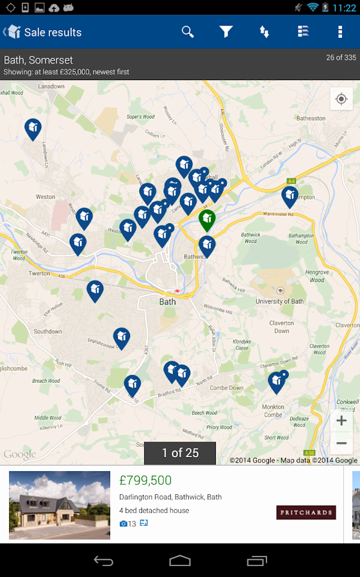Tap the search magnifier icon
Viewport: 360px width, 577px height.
point(188,32)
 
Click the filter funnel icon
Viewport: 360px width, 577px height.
point(225,32)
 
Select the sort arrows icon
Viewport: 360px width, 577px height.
point(264,32)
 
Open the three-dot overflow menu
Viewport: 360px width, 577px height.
point(340,32)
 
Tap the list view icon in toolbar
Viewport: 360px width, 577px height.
point(304,32)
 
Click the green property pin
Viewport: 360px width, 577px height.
point(206,220)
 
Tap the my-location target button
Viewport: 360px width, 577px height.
point(341,99)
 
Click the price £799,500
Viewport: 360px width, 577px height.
point(145,480)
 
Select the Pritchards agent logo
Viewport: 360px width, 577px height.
point(306,512)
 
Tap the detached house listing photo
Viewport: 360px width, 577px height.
point(60,505)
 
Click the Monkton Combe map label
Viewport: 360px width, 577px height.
point(273,410)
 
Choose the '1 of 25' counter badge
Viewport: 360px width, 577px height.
point(180,453)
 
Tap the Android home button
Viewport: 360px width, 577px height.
point(180,561)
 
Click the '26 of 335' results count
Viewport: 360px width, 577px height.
point(341,58)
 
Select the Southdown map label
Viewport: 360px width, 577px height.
point(48,331)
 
